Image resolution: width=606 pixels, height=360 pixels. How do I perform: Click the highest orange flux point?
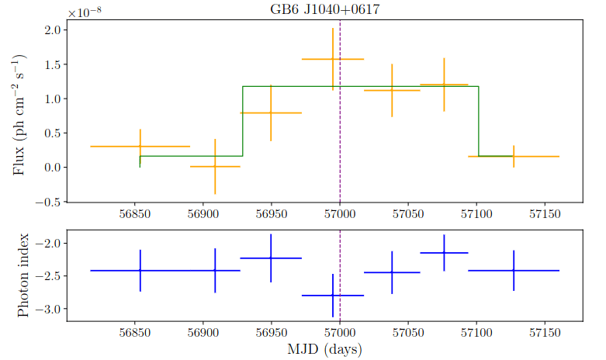point(333,59)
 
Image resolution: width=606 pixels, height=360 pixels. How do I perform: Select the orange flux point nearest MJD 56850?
point(140,146)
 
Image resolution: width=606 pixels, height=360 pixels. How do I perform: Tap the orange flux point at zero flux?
point(215,166)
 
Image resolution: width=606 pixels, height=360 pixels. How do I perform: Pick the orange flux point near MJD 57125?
point(514,156)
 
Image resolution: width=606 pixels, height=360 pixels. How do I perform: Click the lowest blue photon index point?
point(333,296)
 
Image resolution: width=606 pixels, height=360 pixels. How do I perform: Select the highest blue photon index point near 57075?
point(444,253)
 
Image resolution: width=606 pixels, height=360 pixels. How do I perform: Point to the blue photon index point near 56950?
point(271,258)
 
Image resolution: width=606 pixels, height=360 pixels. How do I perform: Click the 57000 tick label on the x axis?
point(340,332)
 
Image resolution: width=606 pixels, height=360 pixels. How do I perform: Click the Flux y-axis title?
point(22,114)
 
